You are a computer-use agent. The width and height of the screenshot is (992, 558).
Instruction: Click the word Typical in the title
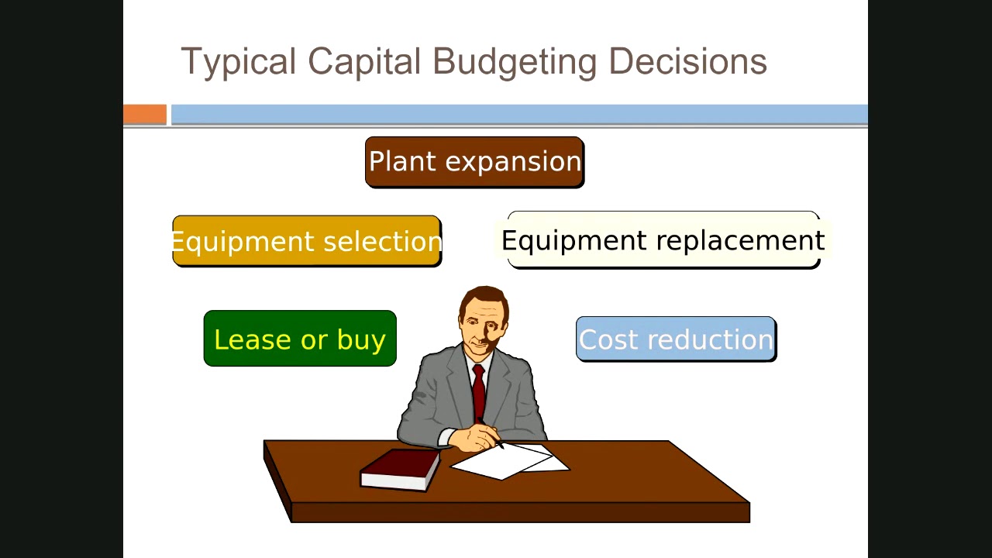click(x=238, y=62)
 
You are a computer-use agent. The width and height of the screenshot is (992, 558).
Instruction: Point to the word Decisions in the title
click(x=687, y=62)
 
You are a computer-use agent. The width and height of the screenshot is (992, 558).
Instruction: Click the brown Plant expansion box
click(x=474, y=162)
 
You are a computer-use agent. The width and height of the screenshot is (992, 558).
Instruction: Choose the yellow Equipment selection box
click(x=307, y=241)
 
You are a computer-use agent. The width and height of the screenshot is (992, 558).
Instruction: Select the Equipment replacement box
click(x=663, y=240)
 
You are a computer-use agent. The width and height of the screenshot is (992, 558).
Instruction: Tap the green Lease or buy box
click(x=300, y=339)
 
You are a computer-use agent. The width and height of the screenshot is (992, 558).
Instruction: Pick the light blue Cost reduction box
click(x=676, y=339)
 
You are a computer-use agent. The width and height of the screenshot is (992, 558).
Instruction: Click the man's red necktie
click(x=478, y=391)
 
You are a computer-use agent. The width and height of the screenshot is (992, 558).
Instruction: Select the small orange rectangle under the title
click(x=145, y=115)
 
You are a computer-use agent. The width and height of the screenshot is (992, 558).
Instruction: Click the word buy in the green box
click(x=361, y=340)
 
